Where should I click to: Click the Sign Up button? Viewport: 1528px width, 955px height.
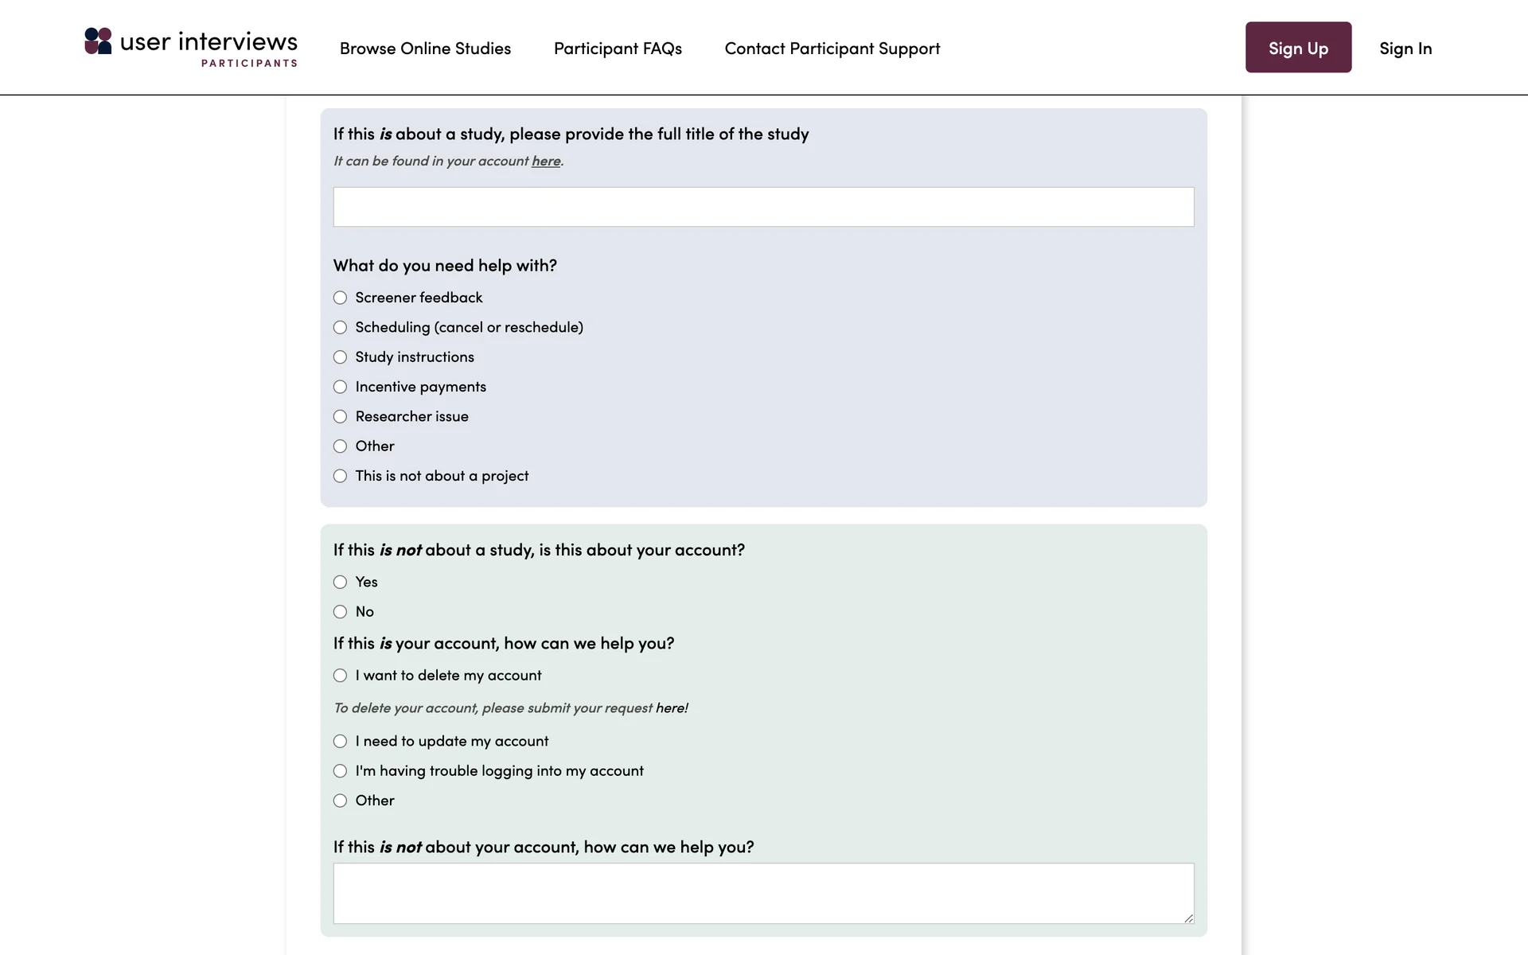click(x=1298, y=48)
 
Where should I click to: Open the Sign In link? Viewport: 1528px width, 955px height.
click(x=1405, y=49)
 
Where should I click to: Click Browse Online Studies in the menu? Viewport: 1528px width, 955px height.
click(x=425, y=49)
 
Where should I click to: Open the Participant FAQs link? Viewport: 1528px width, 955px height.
click(x=618, y=49)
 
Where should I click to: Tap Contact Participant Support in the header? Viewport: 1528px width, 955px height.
click(x=832, y=49)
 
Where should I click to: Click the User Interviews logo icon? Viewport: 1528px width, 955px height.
click(x=99, y=41)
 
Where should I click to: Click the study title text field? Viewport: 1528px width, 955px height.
click(x=763, y=207)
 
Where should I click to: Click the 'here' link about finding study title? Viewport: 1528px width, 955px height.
click(x=546, y=161)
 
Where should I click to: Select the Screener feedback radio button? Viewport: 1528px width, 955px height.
click(x=341, y=298)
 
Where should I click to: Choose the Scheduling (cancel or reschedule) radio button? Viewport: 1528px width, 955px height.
click(x=341, y=327)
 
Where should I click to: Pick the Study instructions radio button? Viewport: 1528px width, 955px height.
click(x=341, y=357)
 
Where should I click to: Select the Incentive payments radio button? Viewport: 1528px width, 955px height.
click(x=341, y=387)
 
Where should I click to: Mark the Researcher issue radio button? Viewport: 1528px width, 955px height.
click(x=341, y=416)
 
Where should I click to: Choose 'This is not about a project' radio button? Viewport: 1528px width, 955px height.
click(x=341, y=476)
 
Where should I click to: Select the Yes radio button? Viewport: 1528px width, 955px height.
click(x=341, y=582)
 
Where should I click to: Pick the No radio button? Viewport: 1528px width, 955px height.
click(x=341, y=612)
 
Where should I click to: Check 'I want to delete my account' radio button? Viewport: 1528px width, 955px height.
click(x=341, y=676)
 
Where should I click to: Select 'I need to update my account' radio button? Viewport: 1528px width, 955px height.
click(x=341, y=741)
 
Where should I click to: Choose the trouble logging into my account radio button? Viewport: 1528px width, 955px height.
click(x=341, y=771)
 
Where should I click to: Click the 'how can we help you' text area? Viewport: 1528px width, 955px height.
click(x=763, y=893)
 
